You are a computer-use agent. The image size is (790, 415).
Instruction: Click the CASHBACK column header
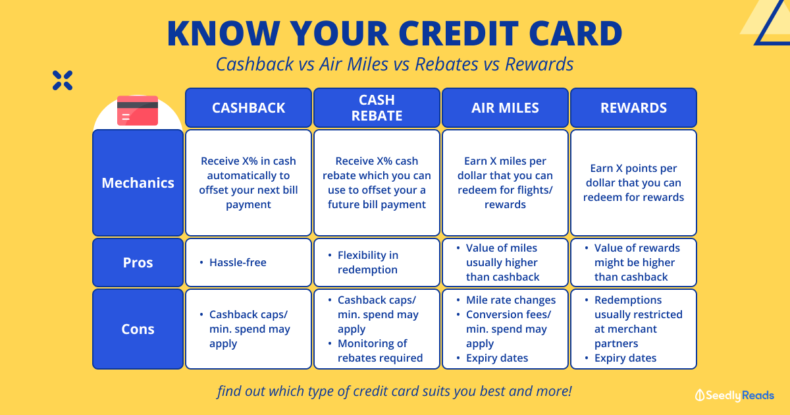tap(248, 107)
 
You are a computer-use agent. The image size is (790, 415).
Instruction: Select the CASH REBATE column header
tap(377, 107)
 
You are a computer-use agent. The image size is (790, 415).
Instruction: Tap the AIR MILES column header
tap(505, 107)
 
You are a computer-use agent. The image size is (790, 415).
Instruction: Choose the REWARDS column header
tap(633, 107)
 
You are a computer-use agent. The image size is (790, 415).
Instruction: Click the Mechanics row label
tap(138, 183)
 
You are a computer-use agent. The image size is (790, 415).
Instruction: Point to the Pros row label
tap(138, 262)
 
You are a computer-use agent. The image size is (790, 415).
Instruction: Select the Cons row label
tap(138, 329)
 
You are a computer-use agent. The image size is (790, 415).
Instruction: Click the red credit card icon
tap(138, 111)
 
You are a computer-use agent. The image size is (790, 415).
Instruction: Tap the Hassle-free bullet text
tap(238, 263)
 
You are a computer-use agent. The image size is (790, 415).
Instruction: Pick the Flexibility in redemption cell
tap(377, 262)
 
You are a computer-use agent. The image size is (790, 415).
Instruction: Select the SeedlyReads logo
tap(734, 395)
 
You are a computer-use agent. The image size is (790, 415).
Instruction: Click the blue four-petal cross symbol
tap(63, 80)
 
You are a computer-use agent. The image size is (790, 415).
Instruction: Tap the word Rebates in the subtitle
tap(447, 65)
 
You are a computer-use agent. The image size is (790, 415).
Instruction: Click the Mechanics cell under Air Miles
tap(505, 183)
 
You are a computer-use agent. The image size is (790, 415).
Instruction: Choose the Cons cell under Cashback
tap(248, 329)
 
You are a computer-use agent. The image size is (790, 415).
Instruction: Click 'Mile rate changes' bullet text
tap(511, 300)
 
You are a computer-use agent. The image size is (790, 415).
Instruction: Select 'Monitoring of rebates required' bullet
tap(380, 350)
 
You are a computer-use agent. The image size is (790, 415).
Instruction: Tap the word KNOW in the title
tap(224, 34)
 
